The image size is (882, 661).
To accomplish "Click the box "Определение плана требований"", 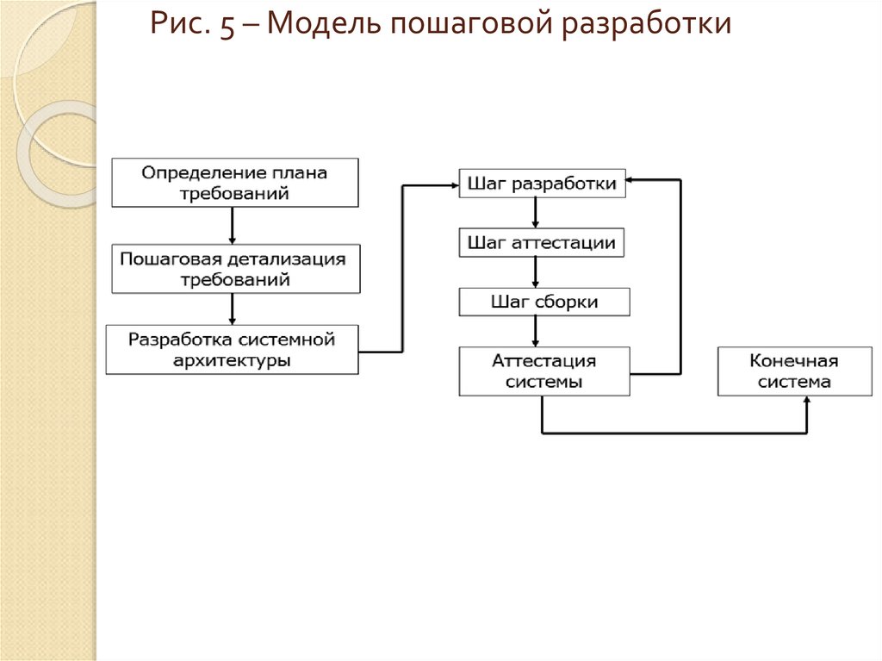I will click(234, 183).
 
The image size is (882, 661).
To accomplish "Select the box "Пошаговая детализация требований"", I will click(234, 269).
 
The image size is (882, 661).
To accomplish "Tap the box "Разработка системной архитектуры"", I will click(232, 349).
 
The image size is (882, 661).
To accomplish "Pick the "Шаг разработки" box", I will click(542, 184).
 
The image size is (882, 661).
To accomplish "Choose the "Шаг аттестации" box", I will click(542, 243).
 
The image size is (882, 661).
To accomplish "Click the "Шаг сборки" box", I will click(544, 302).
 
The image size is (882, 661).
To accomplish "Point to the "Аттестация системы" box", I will click(544, 371).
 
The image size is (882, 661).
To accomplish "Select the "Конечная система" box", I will click(794, 371).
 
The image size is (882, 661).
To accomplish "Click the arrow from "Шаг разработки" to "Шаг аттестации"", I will click(536, 213).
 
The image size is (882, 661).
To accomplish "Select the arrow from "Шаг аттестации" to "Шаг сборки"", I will click(536, 272).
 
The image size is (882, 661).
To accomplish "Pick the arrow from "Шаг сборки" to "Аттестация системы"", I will click(536, 331).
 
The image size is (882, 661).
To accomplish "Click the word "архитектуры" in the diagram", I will click(232, 360).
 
